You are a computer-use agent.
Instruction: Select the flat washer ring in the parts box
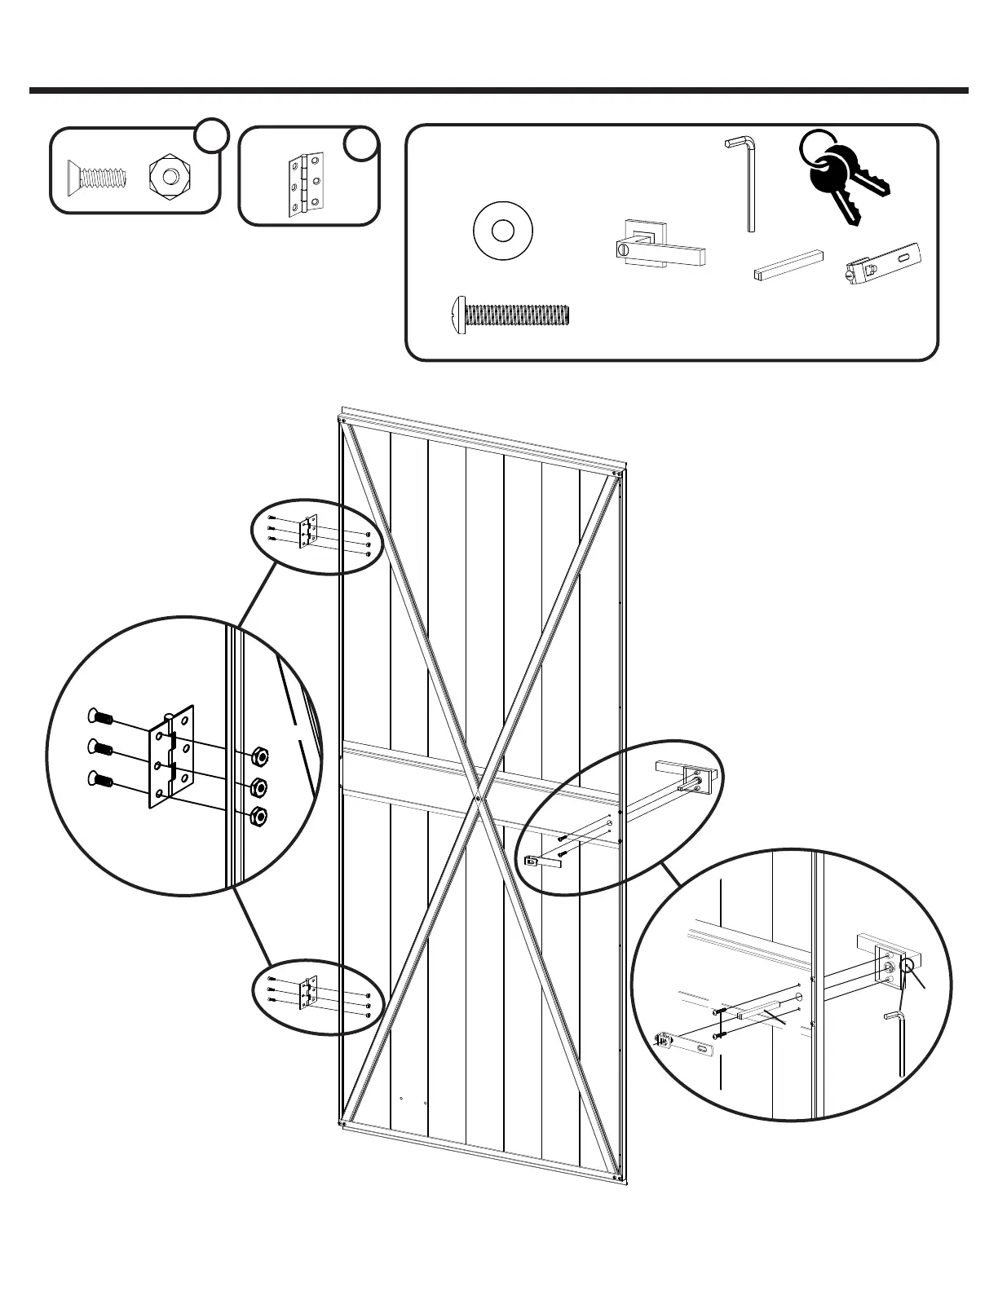point(502,231)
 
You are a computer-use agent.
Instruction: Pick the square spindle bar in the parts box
point(787,266)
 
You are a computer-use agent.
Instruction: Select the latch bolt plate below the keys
point(885,265)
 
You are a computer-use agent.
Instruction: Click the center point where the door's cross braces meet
point(478,798)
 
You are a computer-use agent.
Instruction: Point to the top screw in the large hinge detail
point(99,716)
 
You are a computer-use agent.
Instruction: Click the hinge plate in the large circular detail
point(173,756)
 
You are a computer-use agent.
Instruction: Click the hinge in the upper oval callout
point(309,531)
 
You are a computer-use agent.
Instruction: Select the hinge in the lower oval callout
point(309,994)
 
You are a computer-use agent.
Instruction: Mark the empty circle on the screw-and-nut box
point(211,134)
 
